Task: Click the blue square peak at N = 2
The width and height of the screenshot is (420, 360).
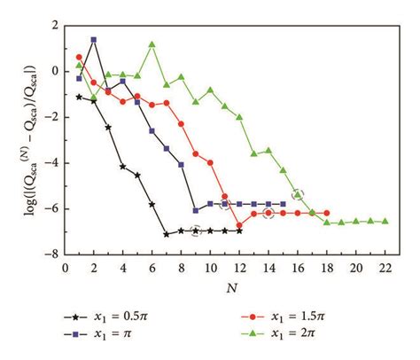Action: (94, 40)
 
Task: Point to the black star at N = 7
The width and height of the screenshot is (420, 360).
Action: (167, 234)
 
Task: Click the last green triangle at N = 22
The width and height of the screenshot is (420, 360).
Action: (385, 221)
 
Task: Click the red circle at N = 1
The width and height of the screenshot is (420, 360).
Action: (79, 57)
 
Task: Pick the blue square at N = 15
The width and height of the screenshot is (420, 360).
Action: (283, 204)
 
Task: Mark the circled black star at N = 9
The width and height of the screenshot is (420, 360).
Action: (196, 231)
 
